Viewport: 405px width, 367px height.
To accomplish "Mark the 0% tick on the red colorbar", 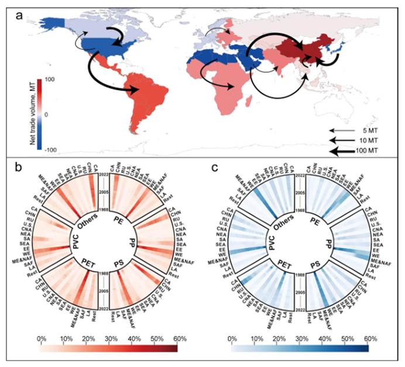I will click(41, 339).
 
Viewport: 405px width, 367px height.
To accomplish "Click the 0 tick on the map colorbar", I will click(47, 114).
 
